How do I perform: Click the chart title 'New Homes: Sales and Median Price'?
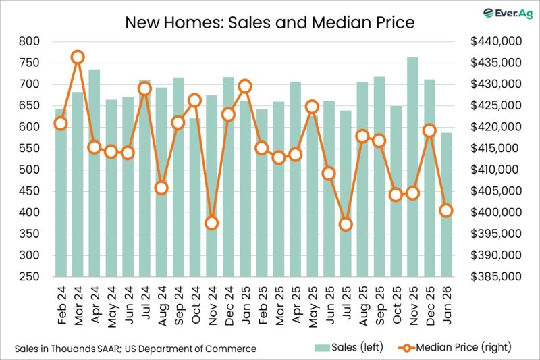pos(269,22)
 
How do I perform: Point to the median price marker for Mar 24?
pos(78,57)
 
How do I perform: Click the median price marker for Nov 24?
pos(211,223)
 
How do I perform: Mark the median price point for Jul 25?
pos(346,224)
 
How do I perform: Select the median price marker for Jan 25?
pos(245,86)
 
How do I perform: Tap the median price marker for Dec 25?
pos(429,130)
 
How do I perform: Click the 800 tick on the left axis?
pos(29,41)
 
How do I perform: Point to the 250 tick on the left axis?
pos(29,277)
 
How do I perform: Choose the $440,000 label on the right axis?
pos(496,41)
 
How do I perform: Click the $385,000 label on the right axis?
pos(496,277)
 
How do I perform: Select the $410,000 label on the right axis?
pos(496,170)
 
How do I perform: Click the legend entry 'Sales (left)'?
pos(349,347)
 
